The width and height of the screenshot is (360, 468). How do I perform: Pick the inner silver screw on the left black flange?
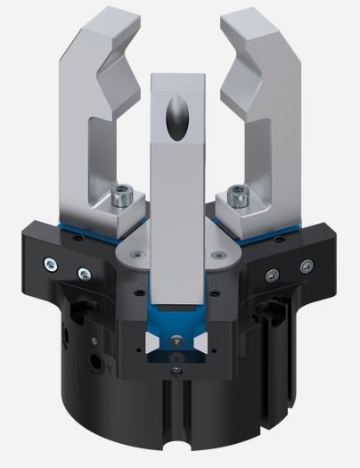pyautogui.click(x=84, y=273)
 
